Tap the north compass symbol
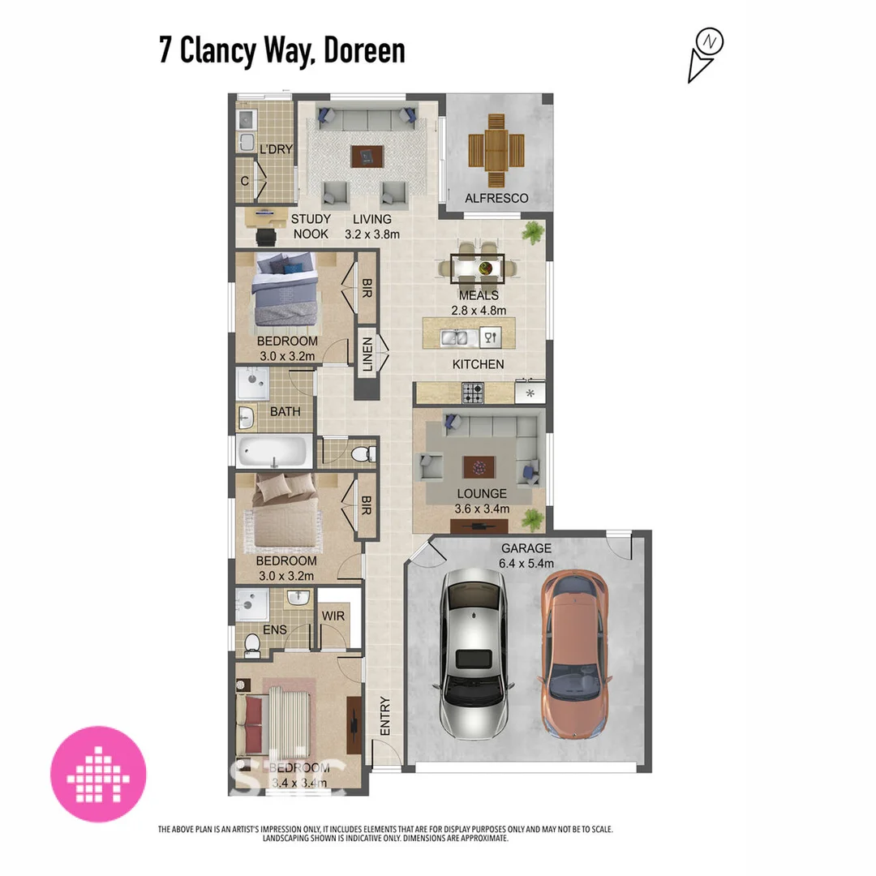click(x=706, y=54)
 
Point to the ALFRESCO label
click(x=496, y=199)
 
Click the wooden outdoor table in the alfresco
click(x=496, y=150)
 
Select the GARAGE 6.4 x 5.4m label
click(x=526, y=556)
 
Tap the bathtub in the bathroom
click(x=275, y=451)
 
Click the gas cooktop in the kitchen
click(x=474, y=394)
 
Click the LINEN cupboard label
click(x=367, y=355)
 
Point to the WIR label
click(x=333, y=617)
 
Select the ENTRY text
click(x=385, y=715)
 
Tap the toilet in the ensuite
click(x=253, y=643)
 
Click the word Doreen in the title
click(x=364, y=50)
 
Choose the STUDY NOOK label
click(x=310, y=226)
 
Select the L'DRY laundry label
click(x=275, y=149)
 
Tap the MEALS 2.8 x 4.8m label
click(x=479, y=303)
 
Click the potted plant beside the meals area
click(x=533, y=233)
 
